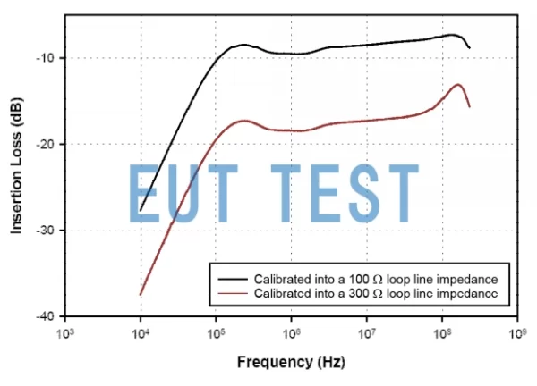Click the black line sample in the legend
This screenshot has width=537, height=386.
tap(231, 268)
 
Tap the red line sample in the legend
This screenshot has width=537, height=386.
tap(231, 292)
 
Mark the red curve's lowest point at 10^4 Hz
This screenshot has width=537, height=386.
tap(141, 294)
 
